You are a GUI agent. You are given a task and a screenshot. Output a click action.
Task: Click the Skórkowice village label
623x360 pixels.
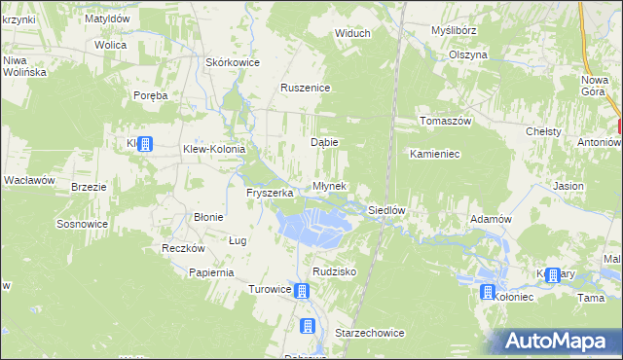coord(232,62)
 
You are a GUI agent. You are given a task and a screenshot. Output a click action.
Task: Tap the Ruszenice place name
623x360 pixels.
coord(306,88)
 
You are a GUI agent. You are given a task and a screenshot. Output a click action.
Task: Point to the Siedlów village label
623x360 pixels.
coord(385,210)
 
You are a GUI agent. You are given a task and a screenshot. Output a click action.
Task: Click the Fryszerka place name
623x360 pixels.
coord(270,193)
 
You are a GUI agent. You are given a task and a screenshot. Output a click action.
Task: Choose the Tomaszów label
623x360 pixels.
coord(445,121)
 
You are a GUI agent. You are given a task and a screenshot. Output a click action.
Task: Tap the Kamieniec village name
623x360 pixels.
coord(435,154)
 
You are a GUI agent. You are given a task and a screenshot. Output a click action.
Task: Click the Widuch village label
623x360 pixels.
coord(352,33)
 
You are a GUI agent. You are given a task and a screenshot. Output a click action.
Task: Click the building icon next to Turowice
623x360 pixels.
coord(303,290)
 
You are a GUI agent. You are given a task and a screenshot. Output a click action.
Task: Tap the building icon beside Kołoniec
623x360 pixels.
coord(489,291)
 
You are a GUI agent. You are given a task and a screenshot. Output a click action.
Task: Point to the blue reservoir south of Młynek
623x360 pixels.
coord(313,225)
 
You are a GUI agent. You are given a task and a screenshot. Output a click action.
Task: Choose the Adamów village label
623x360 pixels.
coord(491,219)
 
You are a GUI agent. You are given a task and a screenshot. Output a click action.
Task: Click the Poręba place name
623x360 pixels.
coord(152,95)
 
